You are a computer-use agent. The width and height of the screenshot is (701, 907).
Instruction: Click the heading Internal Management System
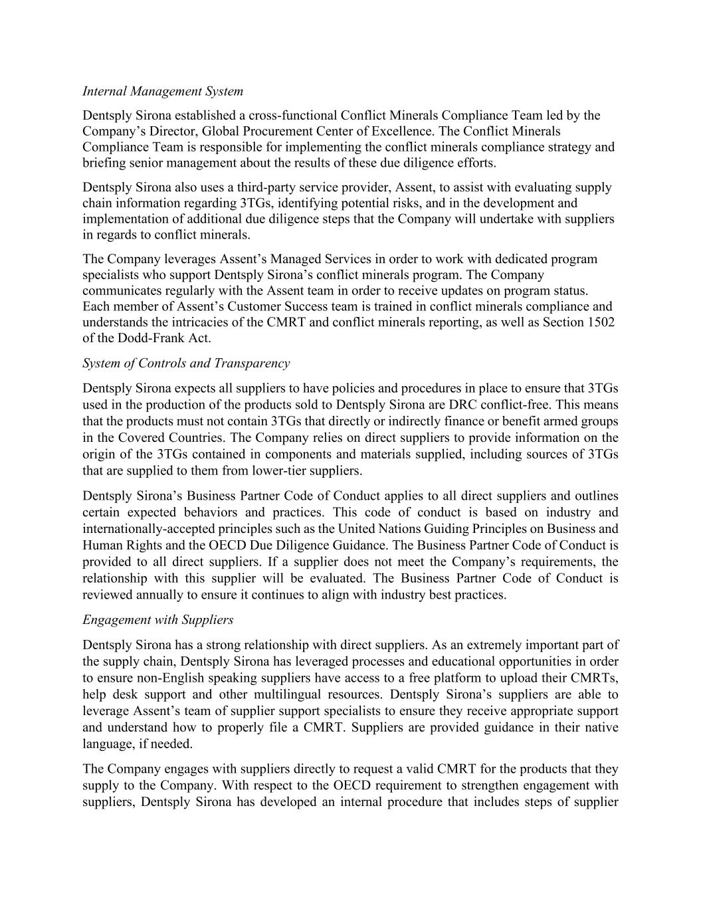163,91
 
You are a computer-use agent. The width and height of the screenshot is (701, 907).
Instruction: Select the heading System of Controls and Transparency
186,363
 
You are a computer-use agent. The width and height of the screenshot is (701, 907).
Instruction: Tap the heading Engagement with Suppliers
158,620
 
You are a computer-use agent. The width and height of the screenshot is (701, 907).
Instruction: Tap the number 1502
602,323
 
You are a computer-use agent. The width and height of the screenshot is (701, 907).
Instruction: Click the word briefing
106,163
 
